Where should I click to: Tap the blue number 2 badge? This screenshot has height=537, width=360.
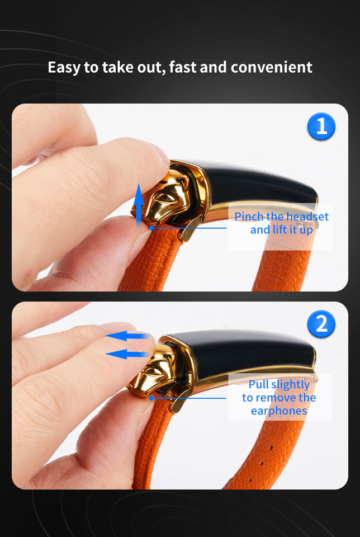[x=321, y=324]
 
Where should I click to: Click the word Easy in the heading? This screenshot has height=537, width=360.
[x=64, y=68]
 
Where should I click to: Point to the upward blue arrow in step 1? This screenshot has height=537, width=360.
[x=139, y=204]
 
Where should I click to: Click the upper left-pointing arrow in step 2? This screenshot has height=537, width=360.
[x=128, y=336]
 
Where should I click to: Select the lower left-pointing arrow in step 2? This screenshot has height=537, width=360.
[x=128, y=354]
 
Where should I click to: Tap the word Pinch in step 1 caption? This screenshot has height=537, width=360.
[x=248, y=216]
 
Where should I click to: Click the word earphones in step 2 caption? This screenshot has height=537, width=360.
[x=279, y=411]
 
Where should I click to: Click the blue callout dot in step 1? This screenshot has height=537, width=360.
[x=151, y=227]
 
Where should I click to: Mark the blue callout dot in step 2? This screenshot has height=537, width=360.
[x=151, y=398]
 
